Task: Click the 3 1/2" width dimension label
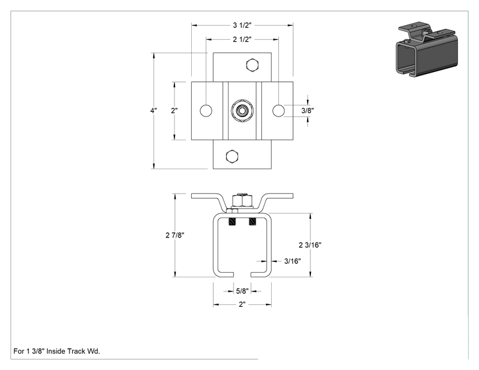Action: pyautogui.click(x=242, y=25)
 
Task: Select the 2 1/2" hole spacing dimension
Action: pyautogui.click(x=242, y=39)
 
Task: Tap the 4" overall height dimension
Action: pyautogui.click(x=154, y=111)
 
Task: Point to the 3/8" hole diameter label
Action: pyautogui.click(x=308, y=111)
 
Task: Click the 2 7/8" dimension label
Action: pyautogui.click(x=174, y=235)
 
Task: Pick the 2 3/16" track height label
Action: pyautogui.click(x=310, y=245)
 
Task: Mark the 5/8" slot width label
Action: pyautogui.click(x=242, y=291)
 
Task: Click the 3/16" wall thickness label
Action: pyautogui.click(x=292, y=261)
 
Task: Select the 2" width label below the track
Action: pyautogui.click(x=242, y=304)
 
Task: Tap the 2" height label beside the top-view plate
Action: pyautogui.click(x=174, y=111)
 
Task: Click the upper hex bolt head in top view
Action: pyautogui.click(x=252, y=65)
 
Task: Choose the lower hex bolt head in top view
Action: pyautogui.click(x=232, y=156)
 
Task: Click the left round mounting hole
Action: pyautogui.click(x=206, y=111)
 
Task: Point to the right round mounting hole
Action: pyautogui.click(x=278, y=111)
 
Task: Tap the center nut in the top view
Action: pyautogui.click(x=242, y=110)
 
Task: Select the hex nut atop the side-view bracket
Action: pyautogui.click(x=242, y=200)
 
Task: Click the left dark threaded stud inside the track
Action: pyautogui.click(x=232, y=221)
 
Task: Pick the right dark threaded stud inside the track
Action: pyautogui.click(x=252, y=221)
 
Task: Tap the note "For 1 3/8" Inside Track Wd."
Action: pyautogui.click(x=57, y=351)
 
